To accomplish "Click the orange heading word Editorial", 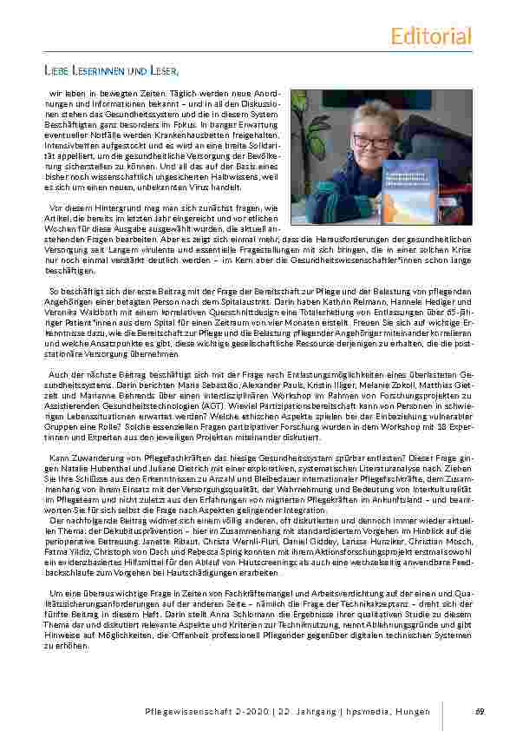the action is coord(431,36).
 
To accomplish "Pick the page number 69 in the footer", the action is coord(480,712).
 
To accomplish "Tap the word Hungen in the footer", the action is coord(412,712).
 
